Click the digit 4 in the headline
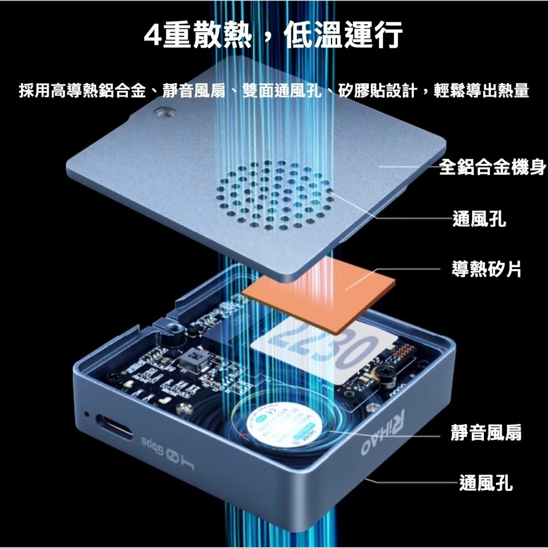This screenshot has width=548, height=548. tap(152, 36)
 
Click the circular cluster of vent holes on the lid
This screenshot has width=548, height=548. tap(274, 195)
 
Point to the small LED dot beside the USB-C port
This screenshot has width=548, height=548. tap(86, 413)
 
